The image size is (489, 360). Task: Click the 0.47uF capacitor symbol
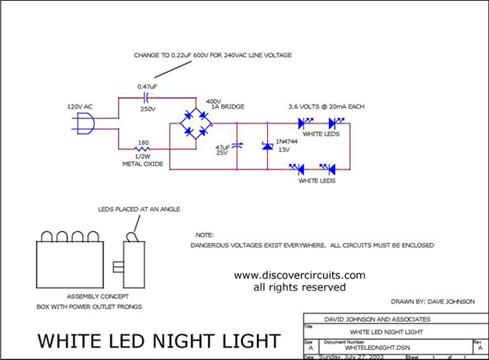(146, 98)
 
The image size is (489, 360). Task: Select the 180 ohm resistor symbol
(144, 149)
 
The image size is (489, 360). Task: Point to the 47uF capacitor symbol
(238, 145)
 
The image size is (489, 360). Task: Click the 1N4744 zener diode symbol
(268, 145)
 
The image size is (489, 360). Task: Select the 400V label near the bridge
(213, 101)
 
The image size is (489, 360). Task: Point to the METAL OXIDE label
(142, 164)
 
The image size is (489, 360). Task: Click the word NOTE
(204, 234)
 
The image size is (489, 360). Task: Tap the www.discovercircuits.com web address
(299, 275)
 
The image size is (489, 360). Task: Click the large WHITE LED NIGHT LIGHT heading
(158, 341)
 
